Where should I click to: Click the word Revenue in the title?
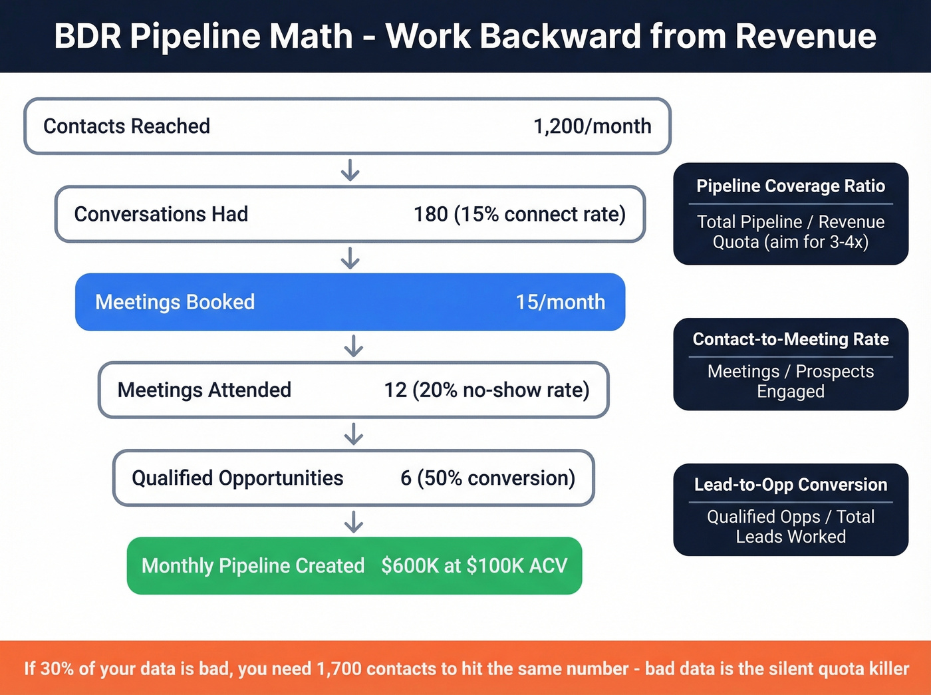pos(805,36)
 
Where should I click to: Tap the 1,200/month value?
pos(592,126)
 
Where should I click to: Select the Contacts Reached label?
pos(126,126)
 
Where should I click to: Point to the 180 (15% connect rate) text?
pos(519,214)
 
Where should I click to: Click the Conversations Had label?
pos(161,214)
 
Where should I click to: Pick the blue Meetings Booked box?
pos(350,302)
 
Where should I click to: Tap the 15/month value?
pos(560,302)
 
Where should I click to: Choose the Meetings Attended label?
pos(204,390)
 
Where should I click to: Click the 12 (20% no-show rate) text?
pos(486,390)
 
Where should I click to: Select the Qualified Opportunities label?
pos(237,478)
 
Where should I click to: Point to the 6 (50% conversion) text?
pos(487,478)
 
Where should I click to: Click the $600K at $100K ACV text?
pos(474,566)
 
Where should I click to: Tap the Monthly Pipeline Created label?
pos(253,566)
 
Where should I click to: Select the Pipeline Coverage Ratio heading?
pos(791,186)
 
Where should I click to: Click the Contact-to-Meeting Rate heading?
pos(791,339)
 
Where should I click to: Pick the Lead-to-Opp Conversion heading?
pos(791,485)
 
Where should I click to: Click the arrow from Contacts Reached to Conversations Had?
pos(350,170)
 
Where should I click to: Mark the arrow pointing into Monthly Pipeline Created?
pos(354,521)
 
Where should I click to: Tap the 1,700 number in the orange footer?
pos(339,668)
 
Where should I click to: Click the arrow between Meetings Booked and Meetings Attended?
pos(354,346)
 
